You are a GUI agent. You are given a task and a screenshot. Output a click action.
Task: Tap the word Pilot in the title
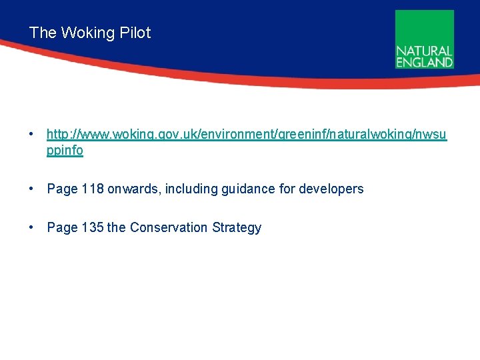pyautogui.click(x=135, y=33)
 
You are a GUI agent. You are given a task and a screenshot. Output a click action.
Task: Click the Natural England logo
pyautogui.click(x=425, y=39)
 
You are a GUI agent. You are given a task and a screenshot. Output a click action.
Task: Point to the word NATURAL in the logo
pyautogui.click(x=425, y=51)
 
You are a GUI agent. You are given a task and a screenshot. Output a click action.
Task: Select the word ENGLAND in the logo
pyautogui.click(x=425, y=62)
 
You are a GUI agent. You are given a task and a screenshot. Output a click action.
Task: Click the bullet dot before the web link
pyautogui.click(x=32, y=135)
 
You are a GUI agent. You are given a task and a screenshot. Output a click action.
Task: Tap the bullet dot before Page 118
pyautogui.click(x=32, y=189)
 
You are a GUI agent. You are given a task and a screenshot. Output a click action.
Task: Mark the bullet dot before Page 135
pyautogui.click(x=32, y=227)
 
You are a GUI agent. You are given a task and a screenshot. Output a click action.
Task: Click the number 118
pyautogui.click(x=93, y=189)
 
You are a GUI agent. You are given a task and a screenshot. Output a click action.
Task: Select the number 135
pyautogui.click(x=93, y=227)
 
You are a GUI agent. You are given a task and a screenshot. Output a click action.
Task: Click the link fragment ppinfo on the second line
pyautogui.click(x=65, y=151)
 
